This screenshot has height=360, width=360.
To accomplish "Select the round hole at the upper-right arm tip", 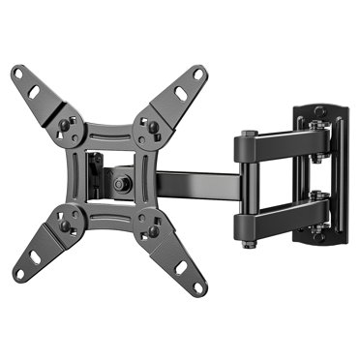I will pos(199,74).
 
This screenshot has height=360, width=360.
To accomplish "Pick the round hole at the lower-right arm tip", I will pos(199,286).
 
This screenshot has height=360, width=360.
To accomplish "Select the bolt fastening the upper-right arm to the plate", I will pos(150,125).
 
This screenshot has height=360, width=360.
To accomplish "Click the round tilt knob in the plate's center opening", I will pos(120,181).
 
